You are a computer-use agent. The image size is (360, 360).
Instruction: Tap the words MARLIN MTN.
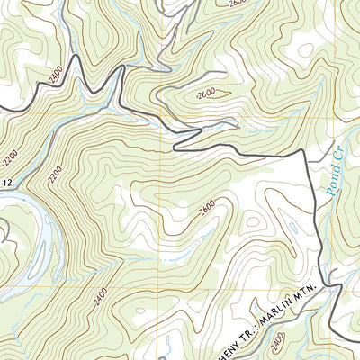pyautogui.click(x=293, y=305)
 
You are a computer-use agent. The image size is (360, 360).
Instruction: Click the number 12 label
pyautogui.click(x=5, y=184)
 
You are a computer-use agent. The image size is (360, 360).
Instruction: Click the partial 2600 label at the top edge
pyautogui.click(x=237, y=4)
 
